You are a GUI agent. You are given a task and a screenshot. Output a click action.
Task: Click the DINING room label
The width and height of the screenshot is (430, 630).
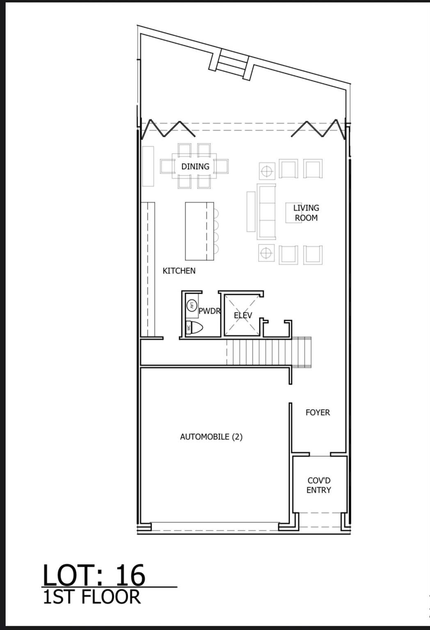[x=195, y=167]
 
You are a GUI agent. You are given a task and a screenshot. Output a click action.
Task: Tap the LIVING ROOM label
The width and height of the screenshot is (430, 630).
[x=306, y=213]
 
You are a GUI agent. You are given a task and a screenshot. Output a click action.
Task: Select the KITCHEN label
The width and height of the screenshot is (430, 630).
[x=179, y=271]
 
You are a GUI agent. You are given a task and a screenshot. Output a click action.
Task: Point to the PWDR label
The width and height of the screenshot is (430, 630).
[x=210, y=311]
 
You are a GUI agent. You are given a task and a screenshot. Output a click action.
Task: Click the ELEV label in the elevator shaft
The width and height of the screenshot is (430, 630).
[x=242, y=315]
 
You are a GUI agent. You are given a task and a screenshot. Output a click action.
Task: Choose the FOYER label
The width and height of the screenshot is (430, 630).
[x=318, y=413]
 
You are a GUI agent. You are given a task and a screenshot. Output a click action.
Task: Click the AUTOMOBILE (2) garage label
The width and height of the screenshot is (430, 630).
[x=211, y=437]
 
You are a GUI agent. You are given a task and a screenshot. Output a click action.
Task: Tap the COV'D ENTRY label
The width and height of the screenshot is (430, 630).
[x=319, y=485]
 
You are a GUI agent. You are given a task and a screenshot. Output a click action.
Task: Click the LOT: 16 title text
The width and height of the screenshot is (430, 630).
[x=94, y=575]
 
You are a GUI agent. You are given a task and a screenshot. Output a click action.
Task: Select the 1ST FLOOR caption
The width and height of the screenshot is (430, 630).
[x=92, y=597]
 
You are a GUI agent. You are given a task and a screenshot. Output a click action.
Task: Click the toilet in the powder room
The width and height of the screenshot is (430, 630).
[x=195, y=328]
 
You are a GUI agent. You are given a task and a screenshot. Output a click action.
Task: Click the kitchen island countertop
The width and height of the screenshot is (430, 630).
[x=199, y=231]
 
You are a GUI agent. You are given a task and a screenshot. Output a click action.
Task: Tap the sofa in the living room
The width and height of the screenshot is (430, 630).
[x=266, y=212]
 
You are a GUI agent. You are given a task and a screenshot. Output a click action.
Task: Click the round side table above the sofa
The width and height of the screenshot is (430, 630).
[x=267, y=171]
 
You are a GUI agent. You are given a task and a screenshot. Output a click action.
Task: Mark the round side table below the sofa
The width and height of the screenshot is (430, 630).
[x=266, y=253]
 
